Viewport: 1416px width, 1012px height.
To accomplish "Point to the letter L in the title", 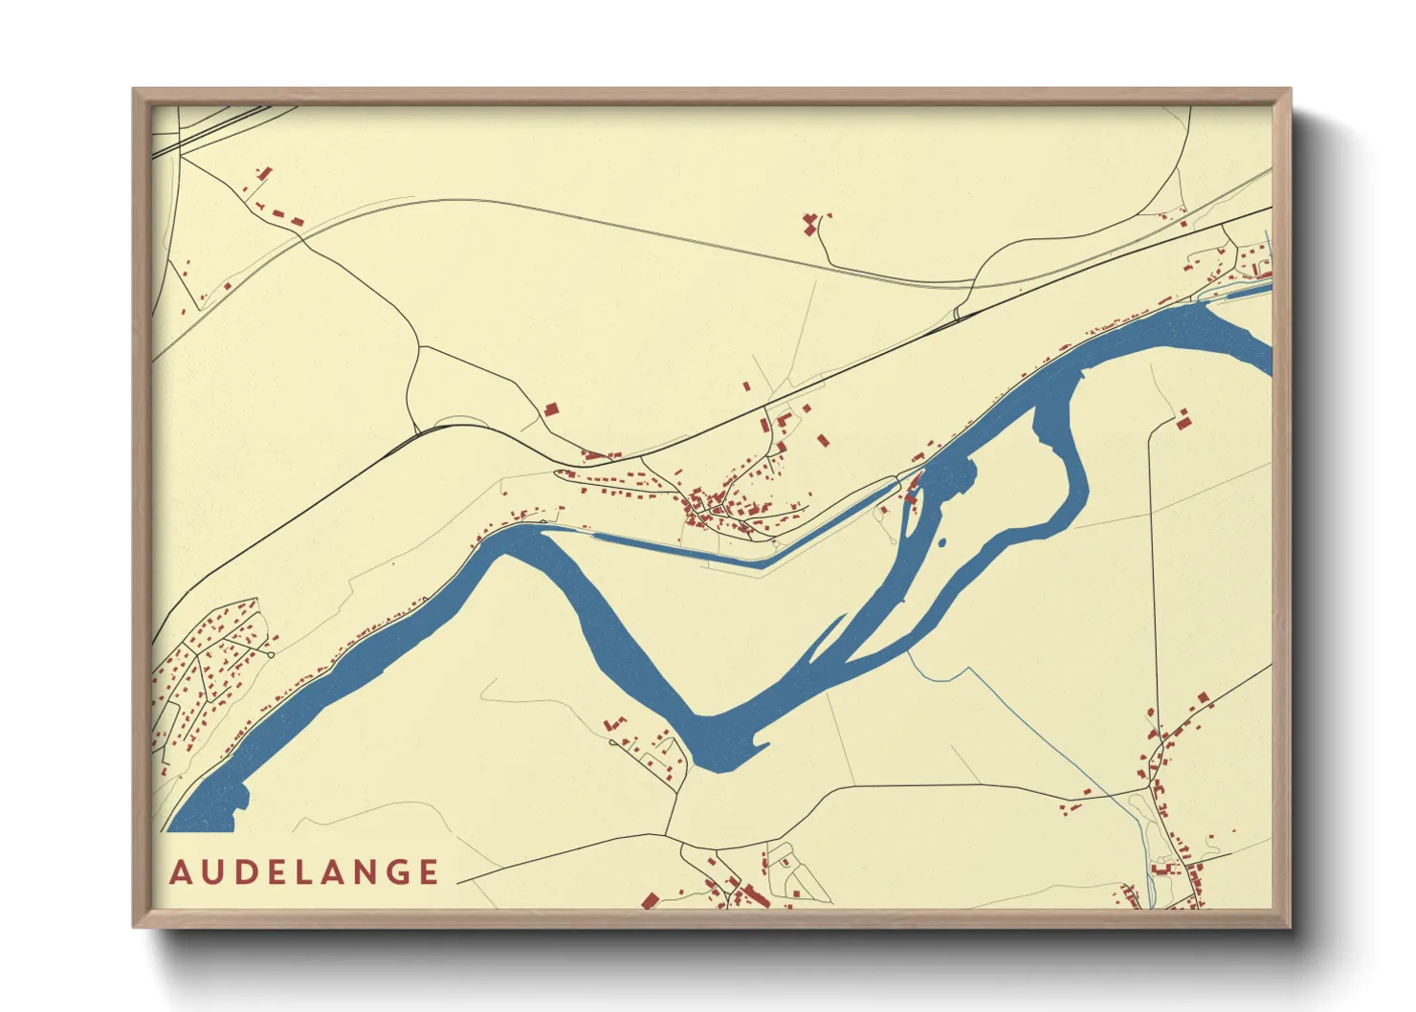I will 302,872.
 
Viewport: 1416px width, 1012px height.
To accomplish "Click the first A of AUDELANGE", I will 180,872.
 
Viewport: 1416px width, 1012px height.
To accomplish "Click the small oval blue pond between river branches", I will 941,542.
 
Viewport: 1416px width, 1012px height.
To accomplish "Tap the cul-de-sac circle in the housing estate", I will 272,654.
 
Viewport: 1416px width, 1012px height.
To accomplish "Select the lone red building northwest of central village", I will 551,408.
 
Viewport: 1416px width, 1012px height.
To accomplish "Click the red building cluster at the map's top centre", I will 811,224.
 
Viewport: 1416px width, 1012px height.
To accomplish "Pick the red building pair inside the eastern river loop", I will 1184,418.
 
